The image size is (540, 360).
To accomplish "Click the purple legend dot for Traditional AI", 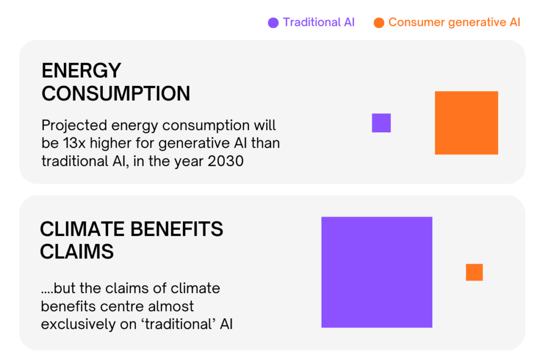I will [x=273, y=23].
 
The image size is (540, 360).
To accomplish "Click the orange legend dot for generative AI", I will [x=379, y=23].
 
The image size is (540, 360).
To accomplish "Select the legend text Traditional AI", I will [x=319, y=22].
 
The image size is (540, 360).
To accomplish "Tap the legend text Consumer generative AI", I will [x=454, y=23].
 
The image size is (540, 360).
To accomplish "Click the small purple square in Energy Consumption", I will [x=381, y=123].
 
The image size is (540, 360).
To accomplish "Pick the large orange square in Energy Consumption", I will [x=466, y=123].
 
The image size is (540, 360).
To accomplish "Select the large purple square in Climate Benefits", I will [x=377, y=272].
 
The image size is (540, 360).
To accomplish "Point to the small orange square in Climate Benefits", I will [x=474, y=272].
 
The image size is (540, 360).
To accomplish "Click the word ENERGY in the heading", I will [x=81, y=71].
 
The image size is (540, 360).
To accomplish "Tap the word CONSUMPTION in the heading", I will [x=115, y=94].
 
